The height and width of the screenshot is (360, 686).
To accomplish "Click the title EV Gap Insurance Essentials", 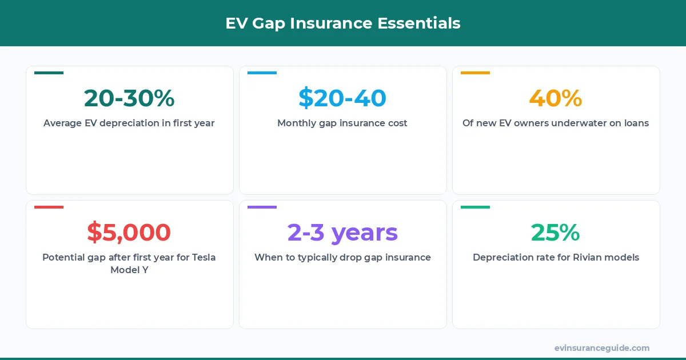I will (343, 23).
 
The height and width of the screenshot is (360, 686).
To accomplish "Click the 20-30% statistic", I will (129, 98).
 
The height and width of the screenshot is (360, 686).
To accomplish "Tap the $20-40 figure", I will (342, 98).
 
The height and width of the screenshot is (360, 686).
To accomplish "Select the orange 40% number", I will (556, 98).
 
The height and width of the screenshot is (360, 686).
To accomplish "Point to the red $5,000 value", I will (129, 233).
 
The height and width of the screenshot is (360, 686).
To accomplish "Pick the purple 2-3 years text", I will (342, 233).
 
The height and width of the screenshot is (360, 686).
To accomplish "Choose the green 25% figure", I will (556, 233).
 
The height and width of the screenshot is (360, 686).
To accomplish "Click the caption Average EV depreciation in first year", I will (129, 123).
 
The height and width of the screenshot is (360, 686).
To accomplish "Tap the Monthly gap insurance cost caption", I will (342, 123).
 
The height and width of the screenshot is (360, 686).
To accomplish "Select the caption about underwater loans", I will (556, 123).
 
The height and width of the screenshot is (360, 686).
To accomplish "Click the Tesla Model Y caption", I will (129, 263).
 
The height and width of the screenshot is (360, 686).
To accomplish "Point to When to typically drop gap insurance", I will (342, 257).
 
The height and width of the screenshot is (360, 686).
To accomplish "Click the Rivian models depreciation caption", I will (556, 257).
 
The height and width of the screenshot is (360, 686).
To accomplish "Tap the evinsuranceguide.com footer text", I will (602, 348).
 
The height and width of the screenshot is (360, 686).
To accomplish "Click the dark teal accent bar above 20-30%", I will (49, 73).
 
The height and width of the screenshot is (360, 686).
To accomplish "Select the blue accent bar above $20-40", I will (262, 73).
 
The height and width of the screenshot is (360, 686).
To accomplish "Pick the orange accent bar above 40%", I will (475, 73).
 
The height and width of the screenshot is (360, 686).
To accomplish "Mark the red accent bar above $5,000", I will (49, 207).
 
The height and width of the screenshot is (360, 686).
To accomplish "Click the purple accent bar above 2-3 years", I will (262, 207).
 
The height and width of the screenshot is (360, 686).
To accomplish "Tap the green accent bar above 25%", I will (475, 207).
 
